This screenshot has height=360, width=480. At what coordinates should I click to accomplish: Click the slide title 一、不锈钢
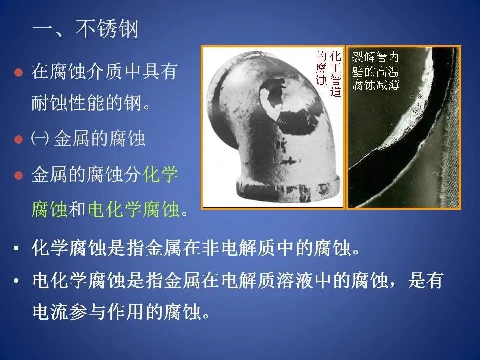pos(86,29)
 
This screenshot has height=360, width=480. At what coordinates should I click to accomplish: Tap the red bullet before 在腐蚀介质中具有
pos(18,73)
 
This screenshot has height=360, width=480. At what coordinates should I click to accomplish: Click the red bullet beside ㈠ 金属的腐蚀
pos(18,139)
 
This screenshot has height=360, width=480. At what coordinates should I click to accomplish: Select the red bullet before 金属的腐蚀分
pos(18,175)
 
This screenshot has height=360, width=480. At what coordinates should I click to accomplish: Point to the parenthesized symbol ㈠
pos(40,139)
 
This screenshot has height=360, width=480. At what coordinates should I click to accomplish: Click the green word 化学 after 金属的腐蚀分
pos(161,175)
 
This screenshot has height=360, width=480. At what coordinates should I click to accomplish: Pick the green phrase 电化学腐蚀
pos(134,209)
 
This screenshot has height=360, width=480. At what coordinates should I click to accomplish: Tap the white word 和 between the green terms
pos(77,209)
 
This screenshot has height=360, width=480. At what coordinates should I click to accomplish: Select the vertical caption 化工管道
pos(335,74)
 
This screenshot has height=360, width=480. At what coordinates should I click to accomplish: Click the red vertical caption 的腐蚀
pos(321,68)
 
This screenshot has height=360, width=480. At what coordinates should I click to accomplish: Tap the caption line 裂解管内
pos(375,57)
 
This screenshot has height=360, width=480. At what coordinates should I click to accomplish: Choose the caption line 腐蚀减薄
pos(375,85)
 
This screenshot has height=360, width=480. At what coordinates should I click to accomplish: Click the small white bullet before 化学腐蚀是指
pos(16,248)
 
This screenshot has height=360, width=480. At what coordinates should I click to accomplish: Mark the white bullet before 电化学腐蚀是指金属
pos(16,280)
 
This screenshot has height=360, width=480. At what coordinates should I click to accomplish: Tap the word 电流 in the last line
pos(51,311)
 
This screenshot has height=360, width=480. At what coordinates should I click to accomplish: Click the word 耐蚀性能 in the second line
pos(67,103)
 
